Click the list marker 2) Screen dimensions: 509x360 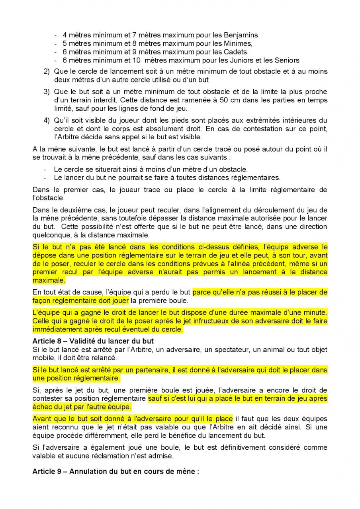[x=47, y=71]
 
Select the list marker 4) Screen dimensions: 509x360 [x=47, y=120]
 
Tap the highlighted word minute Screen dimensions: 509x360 [x=315, y=312]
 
